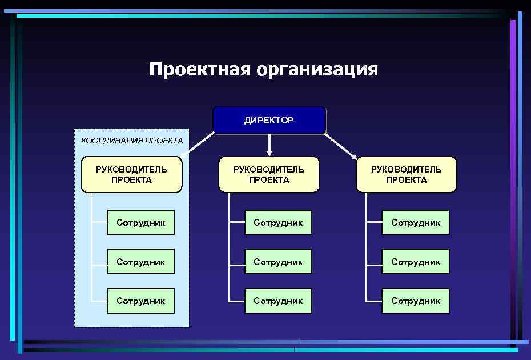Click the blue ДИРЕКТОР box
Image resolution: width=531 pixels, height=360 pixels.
[x=269, y=121]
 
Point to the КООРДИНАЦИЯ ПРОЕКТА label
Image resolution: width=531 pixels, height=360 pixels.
[x=132, y=140]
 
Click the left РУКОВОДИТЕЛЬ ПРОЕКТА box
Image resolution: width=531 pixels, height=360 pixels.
[x=131, y=174]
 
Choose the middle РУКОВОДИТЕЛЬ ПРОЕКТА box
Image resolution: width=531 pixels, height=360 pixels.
[x=269, y=174]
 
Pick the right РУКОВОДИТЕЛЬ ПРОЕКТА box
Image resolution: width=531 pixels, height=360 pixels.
[x=406, y=174]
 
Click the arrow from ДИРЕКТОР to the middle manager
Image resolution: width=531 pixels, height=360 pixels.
[x=269, y=146]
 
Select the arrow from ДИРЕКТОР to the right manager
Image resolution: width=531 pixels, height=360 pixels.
[x=341, y=146]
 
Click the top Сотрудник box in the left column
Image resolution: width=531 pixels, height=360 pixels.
[x=140, y=222]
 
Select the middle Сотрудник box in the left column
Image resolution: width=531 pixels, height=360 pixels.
[x=140, y=262]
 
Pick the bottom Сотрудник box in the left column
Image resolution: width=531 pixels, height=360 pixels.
[x=140, y=301]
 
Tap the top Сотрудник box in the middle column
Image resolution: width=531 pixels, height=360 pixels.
[x=278, y=222]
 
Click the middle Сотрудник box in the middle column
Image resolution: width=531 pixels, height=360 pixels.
[x=278, y=262]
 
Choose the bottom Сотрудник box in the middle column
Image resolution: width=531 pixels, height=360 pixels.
[x=278, y=301]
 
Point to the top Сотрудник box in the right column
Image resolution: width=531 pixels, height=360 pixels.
[x=416, y=222]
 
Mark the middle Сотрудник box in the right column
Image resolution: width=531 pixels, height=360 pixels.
[x=416, y=262]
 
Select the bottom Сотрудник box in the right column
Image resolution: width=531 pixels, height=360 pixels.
[x=416, y=301]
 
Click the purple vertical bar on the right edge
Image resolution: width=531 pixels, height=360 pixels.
[x=513, y=171]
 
